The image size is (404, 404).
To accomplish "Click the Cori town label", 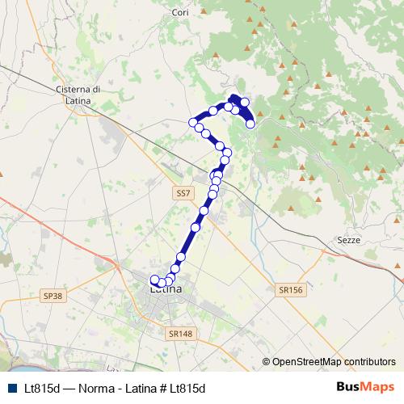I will [180, 13].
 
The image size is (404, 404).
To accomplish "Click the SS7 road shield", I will [183, 193].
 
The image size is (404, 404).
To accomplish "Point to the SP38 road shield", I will [53, 297].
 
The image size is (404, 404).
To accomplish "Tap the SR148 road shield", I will [180, 333].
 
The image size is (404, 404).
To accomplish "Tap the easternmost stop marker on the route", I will [250, 124].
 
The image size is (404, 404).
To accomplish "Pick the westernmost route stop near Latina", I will [154, 280].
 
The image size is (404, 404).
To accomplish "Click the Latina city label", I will [166, 288].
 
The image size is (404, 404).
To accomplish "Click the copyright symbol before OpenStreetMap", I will [266, 361].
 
